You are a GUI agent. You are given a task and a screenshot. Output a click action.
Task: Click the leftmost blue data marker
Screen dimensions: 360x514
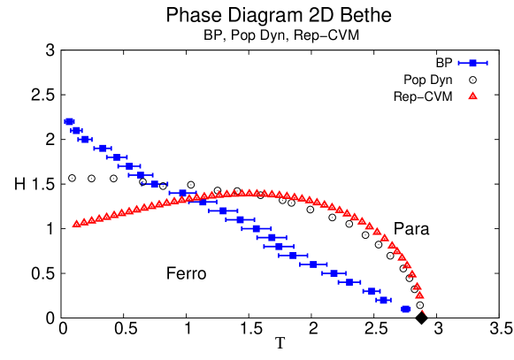click(x=69, y=121)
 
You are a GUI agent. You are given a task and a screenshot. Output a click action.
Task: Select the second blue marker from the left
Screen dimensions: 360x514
click(x=76, y=131)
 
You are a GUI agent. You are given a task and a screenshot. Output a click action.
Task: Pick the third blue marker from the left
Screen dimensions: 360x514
click(x=84, y=139)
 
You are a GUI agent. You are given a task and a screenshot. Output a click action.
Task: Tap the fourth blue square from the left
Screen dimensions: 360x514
click(x=103, y=149)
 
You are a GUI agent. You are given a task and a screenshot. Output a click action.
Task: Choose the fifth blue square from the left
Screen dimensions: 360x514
click(x=116, y=157)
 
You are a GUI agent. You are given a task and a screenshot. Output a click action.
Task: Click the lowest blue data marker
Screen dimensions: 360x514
click(x=406, y=309)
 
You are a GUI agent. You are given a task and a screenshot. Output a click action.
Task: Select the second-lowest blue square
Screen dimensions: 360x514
click(x=383, y=300)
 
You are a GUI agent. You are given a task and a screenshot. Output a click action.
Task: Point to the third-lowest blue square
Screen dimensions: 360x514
click(x=372, y=291)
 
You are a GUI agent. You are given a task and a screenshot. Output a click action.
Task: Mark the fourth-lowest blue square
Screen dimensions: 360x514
click(x=349, y=282)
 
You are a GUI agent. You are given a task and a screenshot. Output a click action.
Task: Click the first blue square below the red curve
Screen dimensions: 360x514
click(x=203, y=202)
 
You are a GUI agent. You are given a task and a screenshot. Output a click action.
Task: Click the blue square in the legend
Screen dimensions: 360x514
click(x=472, y=63)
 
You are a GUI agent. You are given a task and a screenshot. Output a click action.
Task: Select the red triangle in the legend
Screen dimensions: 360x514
click(x=472, y=96)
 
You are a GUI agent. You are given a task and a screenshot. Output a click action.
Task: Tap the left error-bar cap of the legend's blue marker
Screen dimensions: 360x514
click(x=458, y=63)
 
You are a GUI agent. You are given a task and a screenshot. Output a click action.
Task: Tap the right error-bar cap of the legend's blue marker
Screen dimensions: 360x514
click(x=487, y=63)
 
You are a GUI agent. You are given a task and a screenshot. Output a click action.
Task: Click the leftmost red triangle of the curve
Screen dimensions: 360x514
click(x=76, y=224)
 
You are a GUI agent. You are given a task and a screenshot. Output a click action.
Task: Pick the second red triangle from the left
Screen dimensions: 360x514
click(x=84, y=222)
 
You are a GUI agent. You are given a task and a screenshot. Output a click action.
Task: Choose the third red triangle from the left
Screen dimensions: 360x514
click(x=92, y=220)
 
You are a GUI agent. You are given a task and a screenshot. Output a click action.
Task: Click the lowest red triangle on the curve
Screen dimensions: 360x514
click(x=419, y=295)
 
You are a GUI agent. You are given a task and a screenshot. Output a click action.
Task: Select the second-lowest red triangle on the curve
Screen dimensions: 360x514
click(x=417, y=286)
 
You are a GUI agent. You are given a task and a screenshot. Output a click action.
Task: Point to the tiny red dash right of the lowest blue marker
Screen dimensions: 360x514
click(x=423, y=311)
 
